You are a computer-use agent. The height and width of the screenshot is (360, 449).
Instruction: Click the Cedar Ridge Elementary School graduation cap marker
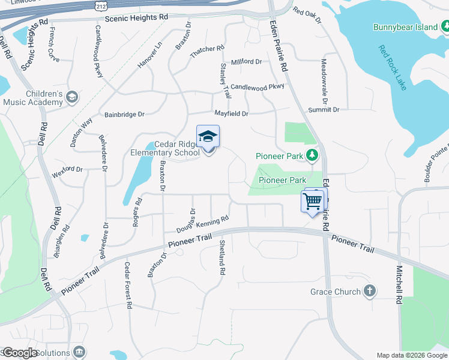(x=208, y=137)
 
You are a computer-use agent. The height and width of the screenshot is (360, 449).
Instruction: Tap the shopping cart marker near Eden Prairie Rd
(x=312, y=202)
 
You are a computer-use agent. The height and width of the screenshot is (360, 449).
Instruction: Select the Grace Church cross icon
(x=370, y=292)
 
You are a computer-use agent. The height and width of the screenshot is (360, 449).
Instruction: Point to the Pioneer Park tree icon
(x=312, y=156)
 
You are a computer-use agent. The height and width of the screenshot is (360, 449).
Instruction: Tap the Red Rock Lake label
(x=393, y=68)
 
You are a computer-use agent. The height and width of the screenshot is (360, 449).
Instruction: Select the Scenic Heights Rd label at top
(x=136, y=18)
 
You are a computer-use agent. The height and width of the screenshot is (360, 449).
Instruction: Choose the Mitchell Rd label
(x=399, y=285)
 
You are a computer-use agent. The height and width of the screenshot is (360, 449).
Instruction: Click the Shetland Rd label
(x=222, y=257)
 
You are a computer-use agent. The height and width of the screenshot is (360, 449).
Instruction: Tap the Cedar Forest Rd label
(x=128, y=285)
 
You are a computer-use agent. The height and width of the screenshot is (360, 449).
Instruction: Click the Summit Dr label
(x=324, y=110)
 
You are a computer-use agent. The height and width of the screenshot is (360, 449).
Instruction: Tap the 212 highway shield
(x=101, y=6)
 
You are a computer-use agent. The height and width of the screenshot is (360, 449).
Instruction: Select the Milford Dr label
(x=247, y=61)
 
